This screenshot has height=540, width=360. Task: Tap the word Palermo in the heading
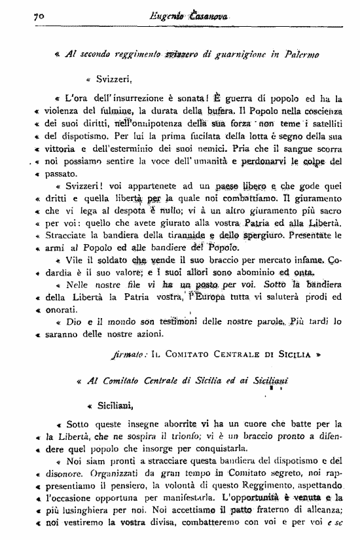[298, 56]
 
